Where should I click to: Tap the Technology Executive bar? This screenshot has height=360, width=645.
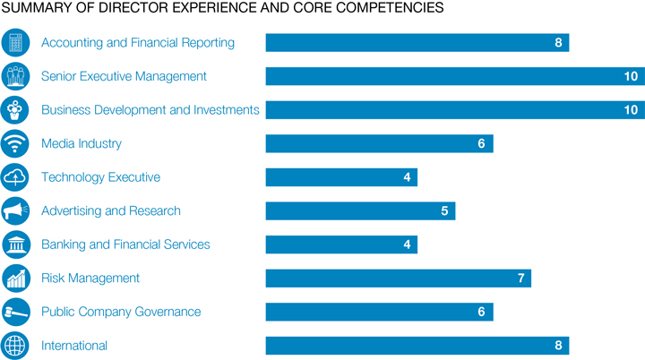(x=341, y=177)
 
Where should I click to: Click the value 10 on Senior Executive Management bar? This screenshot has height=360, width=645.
(x=631, y=77)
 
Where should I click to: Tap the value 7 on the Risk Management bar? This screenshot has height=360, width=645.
(x=520, y=279)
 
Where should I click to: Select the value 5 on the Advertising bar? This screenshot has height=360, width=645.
(x=444, y=211)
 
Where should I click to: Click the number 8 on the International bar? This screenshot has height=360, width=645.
(x=557, y=346)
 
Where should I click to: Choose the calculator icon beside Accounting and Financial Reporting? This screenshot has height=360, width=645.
(x=15, y=43)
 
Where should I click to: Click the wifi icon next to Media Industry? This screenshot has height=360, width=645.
(x=15, y=143)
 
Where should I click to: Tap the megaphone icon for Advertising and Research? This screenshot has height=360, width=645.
(x=15, y=211)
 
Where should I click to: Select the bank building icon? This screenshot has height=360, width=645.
(x=15, y=244)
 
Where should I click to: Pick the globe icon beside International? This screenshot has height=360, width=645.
(x=15, y=346)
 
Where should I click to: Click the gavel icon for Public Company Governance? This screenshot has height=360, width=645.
(x=15, y=312)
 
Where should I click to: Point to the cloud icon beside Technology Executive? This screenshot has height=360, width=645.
(x=15, y=177)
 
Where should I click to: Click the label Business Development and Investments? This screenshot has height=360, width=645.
(x=150, y=110)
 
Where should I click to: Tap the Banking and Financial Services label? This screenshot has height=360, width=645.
(x=125, y=244)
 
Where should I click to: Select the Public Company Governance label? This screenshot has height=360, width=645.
(x=121, y=312)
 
